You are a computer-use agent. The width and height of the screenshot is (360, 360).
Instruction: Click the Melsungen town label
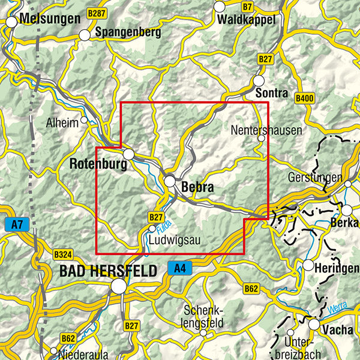click(x=49, y=19)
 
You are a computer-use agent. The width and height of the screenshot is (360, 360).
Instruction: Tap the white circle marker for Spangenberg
click(x=85, y=35)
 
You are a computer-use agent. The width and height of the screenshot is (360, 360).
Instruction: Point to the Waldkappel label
click(x=247, y=19)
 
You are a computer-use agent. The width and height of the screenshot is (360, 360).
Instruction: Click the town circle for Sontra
click(x=259, y=80)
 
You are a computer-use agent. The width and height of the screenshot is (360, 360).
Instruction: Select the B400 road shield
click(x=305, y=97)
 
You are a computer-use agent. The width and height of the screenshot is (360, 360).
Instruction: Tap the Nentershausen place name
click(x=266, y=130)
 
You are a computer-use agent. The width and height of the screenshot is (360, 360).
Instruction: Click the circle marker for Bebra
click(x=170, y=181)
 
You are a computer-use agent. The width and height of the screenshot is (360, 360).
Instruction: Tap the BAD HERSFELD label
click(x=108, y=271)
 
